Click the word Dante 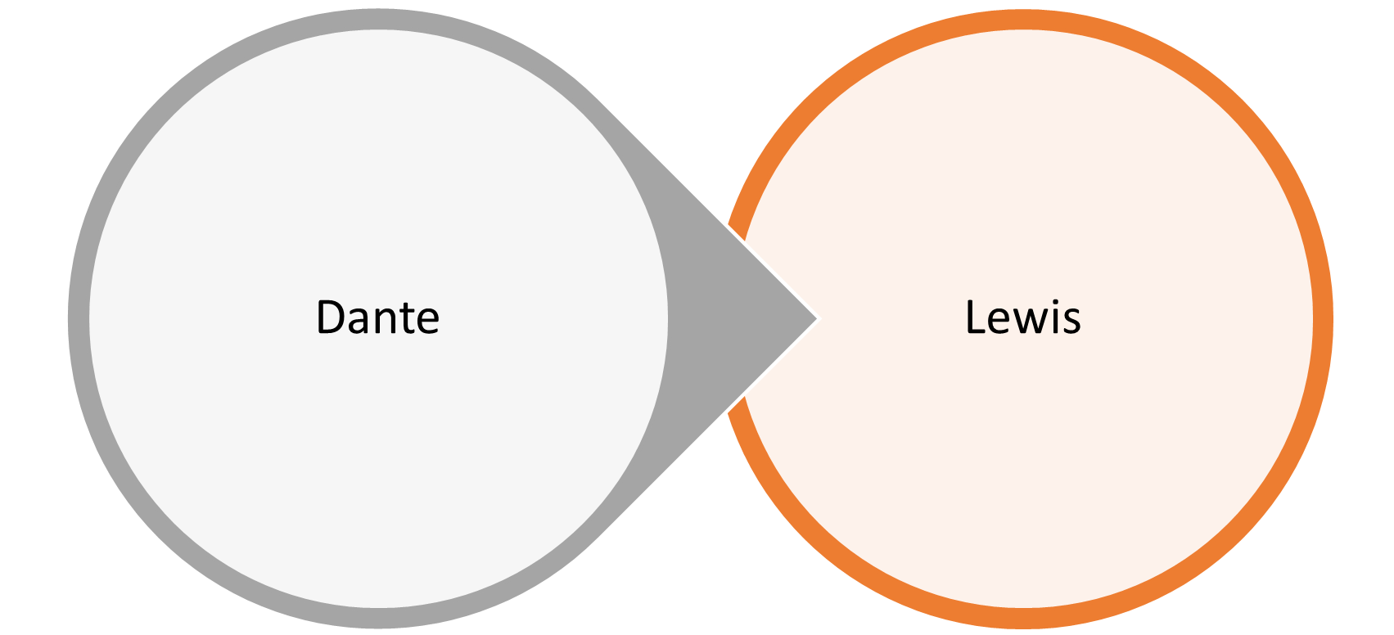[x=377, y=317]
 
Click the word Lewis [x=1022, y=317]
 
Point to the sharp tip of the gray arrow [x=815, y=318]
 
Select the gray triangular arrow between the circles [x=737, y=318]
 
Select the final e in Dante [x=427, y=322]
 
